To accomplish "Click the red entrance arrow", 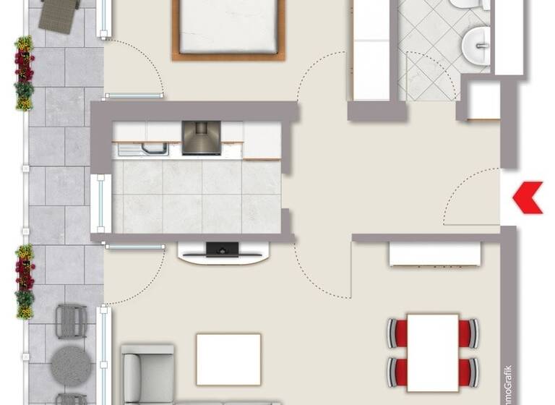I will coord(528,197).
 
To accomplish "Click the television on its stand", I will coord(223,250).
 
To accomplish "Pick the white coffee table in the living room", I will coord(228,359).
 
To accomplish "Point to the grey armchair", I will coord(147,372).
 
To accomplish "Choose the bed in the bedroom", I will coord(228,27).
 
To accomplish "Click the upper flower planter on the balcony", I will coord(24,72).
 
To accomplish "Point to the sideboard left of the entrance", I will coord(435,254).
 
